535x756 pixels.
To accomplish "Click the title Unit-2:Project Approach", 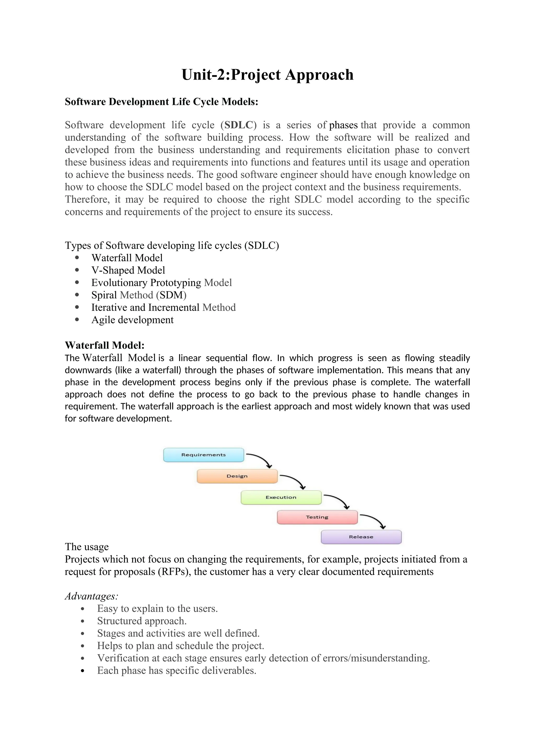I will point(267,75).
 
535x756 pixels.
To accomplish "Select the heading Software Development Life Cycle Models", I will point(161,102).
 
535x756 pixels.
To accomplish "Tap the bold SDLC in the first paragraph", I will point(239,125).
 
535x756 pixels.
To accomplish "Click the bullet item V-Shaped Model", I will point(128,270).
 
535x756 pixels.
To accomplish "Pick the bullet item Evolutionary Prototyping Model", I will point(161,283).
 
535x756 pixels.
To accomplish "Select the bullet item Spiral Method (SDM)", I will point(139,295).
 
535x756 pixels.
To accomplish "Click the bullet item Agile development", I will point(132,320).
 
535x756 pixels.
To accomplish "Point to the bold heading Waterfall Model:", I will point(104,345).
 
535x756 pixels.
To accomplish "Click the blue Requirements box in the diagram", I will point(203,455).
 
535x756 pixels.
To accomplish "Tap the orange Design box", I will point(237,476).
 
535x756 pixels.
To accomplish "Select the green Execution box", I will point(281,497).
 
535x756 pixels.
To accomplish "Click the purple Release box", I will point(361,537).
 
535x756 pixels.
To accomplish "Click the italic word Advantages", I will point(91,596).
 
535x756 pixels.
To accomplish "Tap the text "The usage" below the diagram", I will point(87,547).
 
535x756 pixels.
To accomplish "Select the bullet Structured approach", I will point(142,621).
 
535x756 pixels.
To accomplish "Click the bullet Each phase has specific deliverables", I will point(177,671).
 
